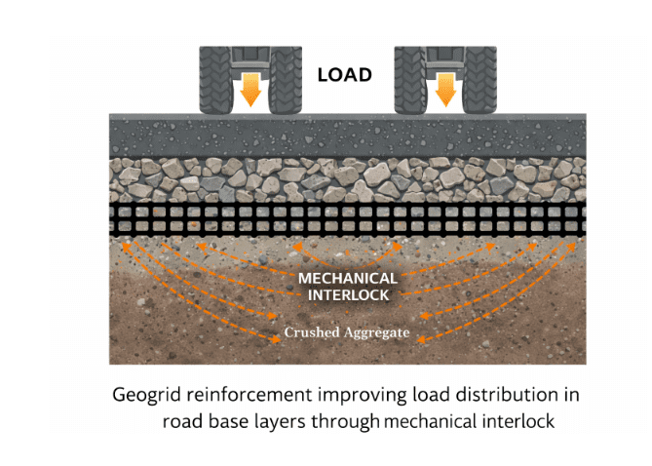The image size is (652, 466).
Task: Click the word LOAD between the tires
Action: (x=344, y=74)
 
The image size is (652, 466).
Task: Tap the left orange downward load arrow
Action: (x=250, y=88)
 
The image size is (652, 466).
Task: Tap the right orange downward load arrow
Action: (x=446, y=88)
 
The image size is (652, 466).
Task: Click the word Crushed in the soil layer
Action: (x=310, y=332)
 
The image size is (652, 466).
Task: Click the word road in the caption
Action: (x=181, y=422)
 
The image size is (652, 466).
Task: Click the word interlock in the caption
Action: (x=518, y=422)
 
